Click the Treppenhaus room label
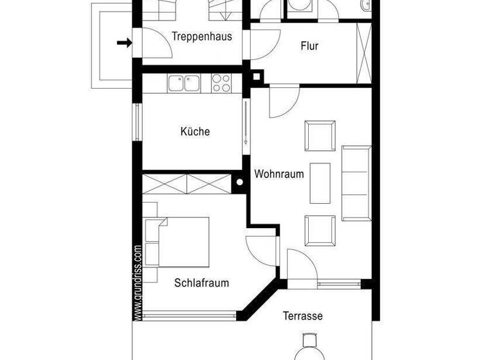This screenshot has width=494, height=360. coord(202,37)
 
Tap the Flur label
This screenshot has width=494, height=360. coord(309,46)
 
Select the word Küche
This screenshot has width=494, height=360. coord(195,132)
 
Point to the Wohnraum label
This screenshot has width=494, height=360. coord(279,174)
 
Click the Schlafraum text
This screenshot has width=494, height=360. coord(201,282)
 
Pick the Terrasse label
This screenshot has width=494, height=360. coord(302,316)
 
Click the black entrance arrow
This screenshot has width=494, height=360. coord(124,43)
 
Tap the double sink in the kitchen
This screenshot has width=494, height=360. coord(184,83)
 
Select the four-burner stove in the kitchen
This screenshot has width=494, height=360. coord(221,83)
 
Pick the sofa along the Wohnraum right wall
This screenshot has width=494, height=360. coord(356,182)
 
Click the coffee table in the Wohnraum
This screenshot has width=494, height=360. coord(320,183)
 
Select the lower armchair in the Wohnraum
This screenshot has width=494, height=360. coord(320,230)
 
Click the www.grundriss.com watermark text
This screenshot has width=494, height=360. coord(138,282)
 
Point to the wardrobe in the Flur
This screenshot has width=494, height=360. coord(364,52)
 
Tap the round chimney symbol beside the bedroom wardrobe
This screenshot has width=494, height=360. coord(239,183)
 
